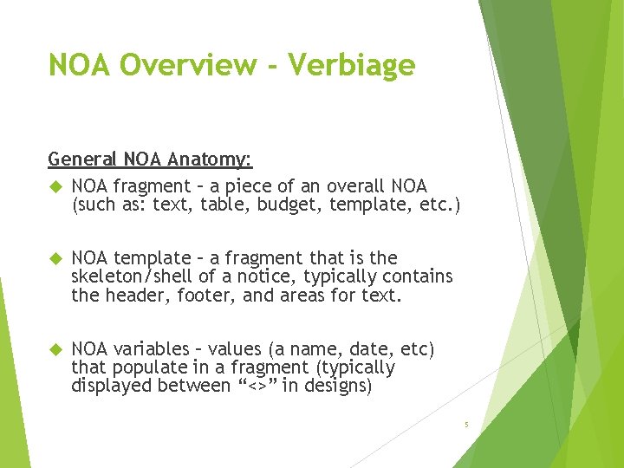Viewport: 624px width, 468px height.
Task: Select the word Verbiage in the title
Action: point(355,65)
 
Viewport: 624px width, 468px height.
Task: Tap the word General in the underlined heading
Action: point(83,159)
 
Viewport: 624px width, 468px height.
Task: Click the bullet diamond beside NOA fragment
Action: point(56,186)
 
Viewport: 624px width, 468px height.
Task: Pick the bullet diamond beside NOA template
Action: point(56,258)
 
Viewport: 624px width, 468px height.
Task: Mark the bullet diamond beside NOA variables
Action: point(56,349)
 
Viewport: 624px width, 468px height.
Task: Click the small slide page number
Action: point(465,425)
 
